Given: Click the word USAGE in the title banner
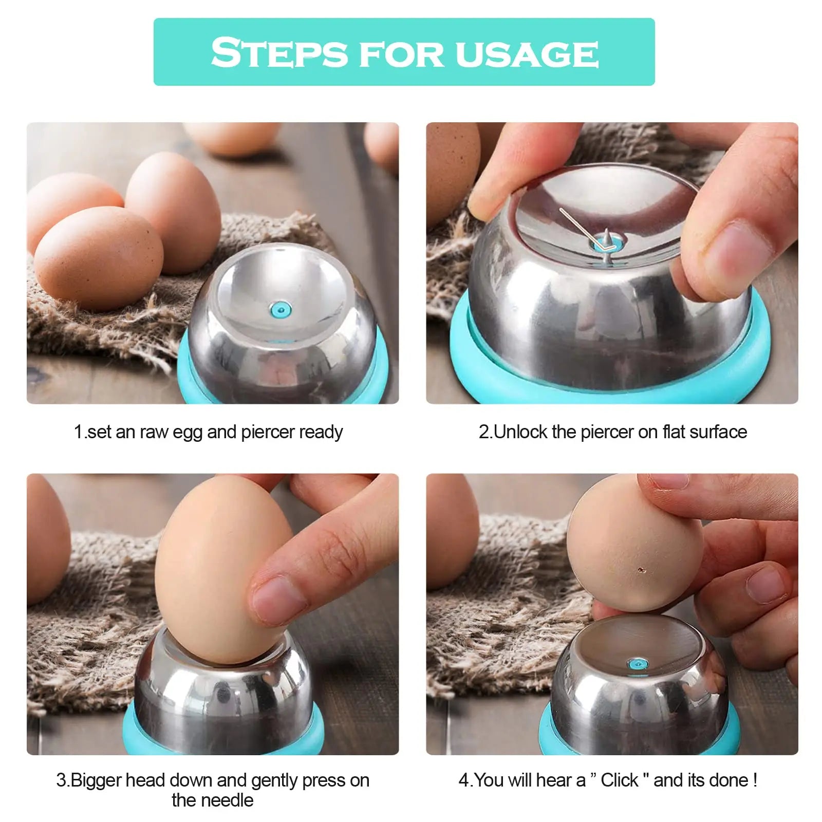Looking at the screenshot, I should tap(527, 53).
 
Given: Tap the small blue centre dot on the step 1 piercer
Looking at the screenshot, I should tap(280, 309).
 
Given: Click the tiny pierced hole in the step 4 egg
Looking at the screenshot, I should tap(640, 569).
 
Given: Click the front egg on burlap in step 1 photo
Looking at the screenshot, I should tap(99, 257).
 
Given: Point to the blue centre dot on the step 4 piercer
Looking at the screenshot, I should tap(638, 664).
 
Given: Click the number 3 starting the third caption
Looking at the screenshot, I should tap(61, 780).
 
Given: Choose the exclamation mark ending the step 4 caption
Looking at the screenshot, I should tap(755, 780).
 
